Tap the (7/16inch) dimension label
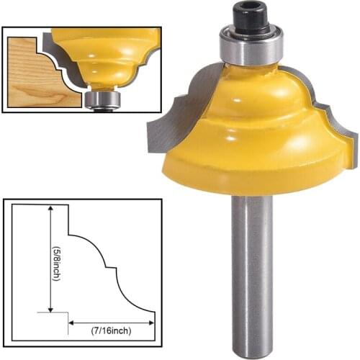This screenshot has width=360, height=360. click(x=112, y=330)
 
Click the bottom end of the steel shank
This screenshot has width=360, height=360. click(x=251, y=353)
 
